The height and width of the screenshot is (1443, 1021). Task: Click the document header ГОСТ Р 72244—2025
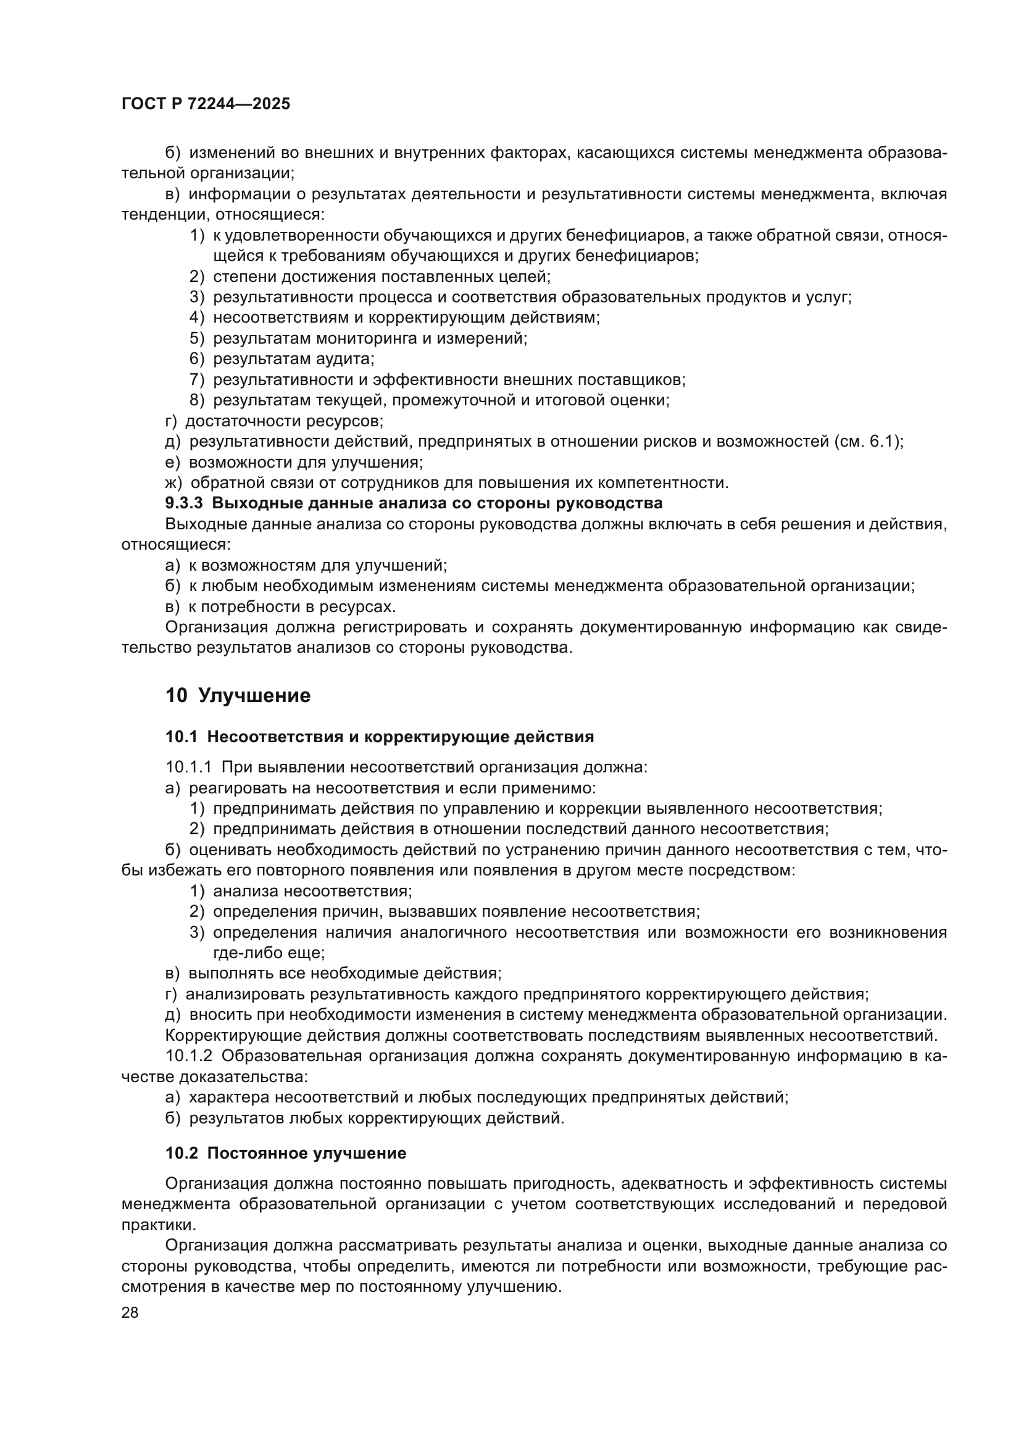point(206,104)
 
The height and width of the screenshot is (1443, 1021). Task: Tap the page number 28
point(130,1312)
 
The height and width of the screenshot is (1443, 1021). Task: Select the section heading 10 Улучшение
point(238,697)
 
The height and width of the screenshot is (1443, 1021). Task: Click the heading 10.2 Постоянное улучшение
point(285,1154)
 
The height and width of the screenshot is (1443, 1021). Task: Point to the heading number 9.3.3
point(183,503)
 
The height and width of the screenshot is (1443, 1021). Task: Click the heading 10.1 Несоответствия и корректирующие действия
point(380,737)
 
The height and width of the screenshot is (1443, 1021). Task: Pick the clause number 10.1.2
point(190,1055)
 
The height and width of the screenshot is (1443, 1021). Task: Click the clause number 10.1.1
point(190,767)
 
